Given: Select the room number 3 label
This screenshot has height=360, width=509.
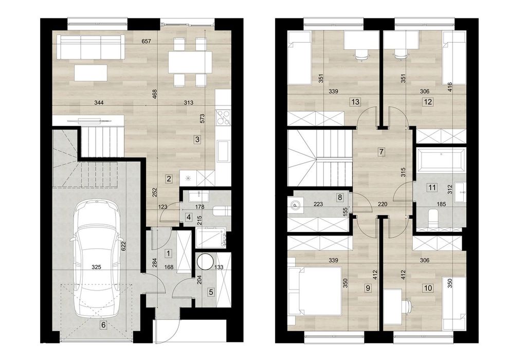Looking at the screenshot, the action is pyautogui.click(x=197, y=139).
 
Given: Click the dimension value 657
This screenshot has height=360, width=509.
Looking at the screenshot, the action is pyautogui.click(x=147, y=41).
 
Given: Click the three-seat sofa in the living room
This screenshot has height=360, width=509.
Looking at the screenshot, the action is pyautogui.click(x=90, y=47).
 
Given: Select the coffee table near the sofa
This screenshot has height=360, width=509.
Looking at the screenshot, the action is pyautogui.click(x=91, y=73).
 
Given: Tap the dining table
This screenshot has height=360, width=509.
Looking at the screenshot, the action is pyautogui.click(x=190, y=62).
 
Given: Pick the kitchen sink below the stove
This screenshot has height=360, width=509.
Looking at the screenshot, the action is pyautogui.click(x=223, y=150).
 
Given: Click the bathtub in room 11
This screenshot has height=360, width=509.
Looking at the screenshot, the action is pyautogui.click(x=441, y=160).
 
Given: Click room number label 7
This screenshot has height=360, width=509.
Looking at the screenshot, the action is pyautogui.click(x=381, y=151).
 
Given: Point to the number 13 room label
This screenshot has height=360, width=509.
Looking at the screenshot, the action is pyautogui.click(x=355, y=102).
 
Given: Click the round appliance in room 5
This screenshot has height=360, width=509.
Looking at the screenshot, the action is pyautogui.click(x=206, y=262).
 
